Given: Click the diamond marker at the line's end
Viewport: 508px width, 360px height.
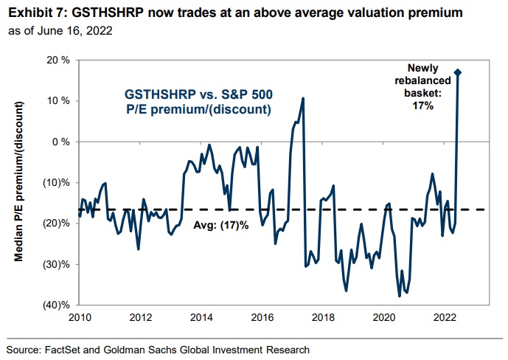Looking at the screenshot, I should coord(458,72).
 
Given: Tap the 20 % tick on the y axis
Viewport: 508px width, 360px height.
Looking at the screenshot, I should coord(60,60).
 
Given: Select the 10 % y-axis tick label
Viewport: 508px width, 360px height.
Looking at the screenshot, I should coord(60,100).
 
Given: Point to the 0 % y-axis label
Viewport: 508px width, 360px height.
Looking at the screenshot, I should coord(62,142).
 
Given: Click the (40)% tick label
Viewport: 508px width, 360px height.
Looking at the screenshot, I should coord(58,305).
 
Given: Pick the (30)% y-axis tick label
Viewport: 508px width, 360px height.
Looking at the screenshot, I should coord(58,264).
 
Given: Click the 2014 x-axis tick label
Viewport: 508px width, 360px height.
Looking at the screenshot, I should coord(201,318).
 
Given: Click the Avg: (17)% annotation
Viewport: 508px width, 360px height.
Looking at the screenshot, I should coord(221,225).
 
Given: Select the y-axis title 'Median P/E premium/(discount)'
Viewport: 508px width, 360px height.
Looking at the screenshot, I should coord(19,181).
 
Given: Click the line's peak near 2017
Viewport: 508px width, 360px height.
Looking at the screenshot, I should coord(303,98).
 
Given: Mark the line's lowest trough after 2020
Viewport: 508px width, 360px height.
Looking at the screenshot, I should coord(400,296).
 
